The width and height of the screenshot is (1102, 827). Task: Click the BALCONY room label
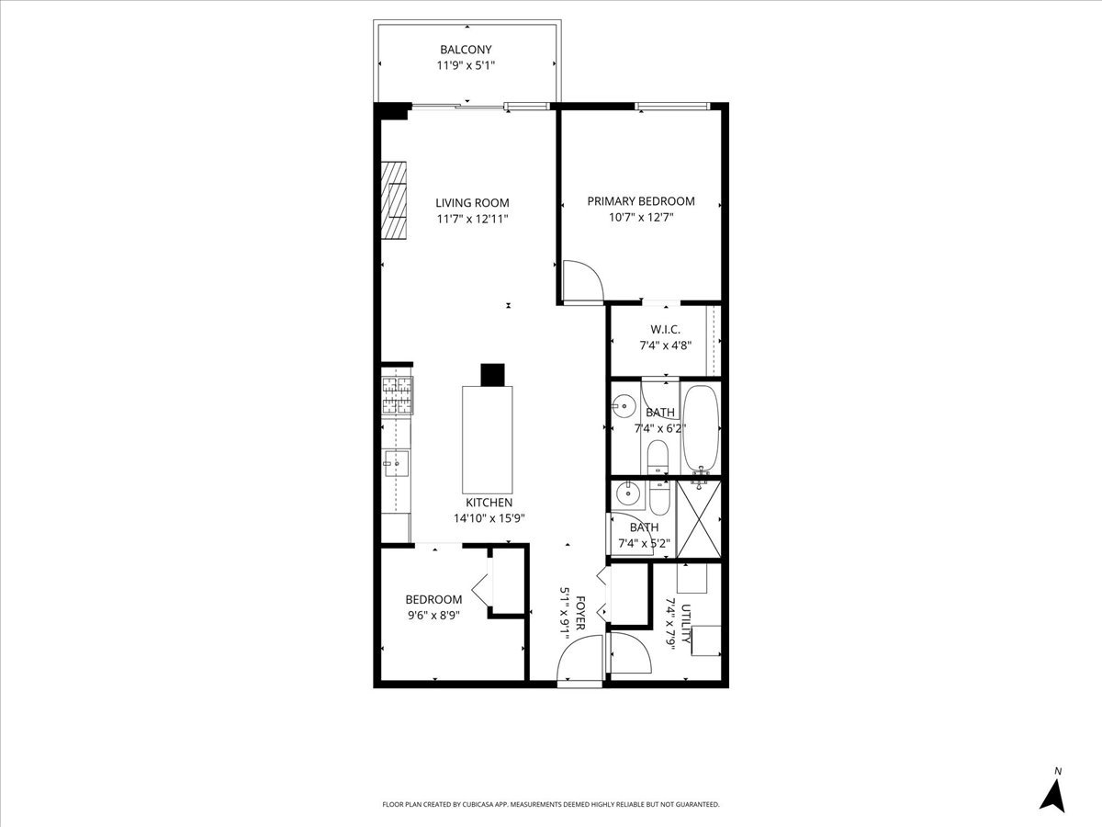pyautogui.click(x=466, y=50)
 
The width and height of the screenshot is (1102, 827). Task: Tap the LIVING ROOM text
pyautogui.click(x=472, y=203)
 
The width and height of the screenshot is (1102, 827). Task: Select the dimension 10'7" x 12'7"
pyautogui.click(x=641, y=218)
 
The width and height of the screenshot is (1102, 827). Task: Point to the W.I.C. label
pyautogui.click(x=665, y=329)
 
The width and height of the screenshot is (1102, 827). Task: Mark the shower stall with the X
pyautogui.click(x=699, y=519)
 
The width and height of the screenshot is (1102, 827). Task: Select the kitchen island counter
pyautogui.click(x=487, y=440)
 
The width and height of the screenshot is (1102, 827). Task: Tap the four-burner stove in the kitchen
pyautogui.click(x=398, y=396)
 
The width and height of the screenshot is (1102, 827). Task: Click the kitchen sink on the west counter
pyautogui.click(x=397, y=463)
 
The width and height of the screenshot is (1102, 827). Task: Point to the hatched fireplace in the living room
pyautogui.click(x=395, y=199)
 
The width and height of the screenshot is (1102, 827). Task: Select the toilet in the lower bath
pyautogui.click(x=659, y=499)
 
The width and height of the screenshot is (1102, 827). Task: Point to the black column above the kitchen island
pyautogui.click(x=493, y=374)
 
